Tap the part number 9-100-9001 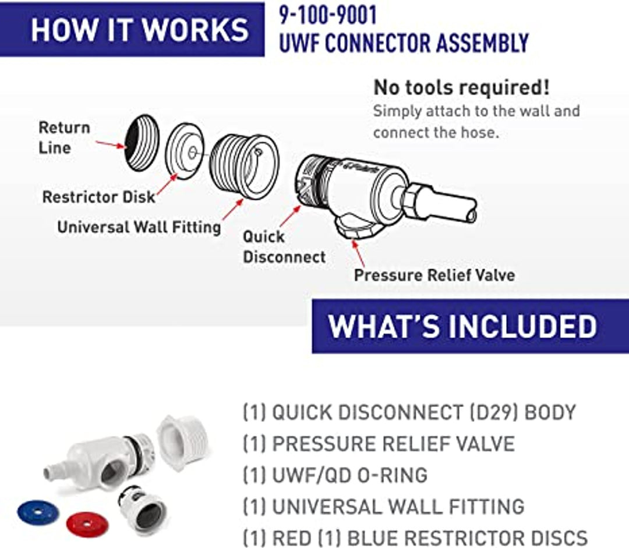click(327, 16)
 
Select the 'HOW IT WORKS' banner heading click(140, 29)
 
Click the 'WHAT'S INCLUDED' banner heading click(462, 326)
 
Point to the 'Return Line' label click(64, 137)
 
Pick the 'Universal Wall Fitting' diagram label click(139, 227)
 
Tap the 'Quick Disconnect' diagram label click(284, 246)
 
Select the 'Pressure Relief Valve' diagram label click(434, 274)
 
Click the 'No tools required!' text click(461, 87)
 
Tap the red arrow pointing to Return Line click(109, 143)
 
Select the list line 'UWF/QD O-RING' click(335, 475)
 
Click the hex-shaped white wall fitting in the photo click(182, 443)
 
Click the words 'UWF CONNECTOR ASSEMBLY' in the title click(404, 43)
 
